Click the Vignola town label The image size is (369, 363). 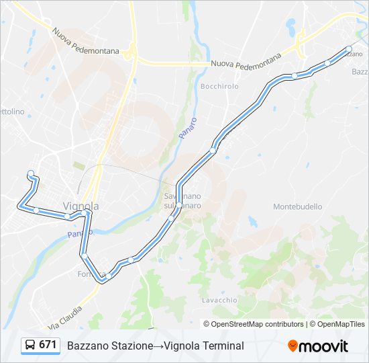point(81,206)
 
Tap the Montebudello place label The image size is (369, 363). point(298,206)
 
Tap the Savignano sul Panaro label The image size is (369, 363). point(179,200)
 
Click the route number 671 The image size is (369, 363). point(48,345)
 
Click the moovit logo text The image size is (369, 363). point(324,346)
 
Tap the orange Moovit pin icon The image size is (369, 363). point(293,346)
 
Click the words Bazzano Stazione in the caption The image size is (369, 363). point(110,346)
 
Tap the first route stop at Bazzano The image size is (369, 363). point(349,48)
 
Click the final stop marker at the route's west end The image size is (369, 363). point(31,173)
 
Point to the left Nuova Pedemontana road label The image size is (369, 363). point(86,42)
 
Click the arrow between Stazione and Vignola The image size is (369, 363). point(159,346)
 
